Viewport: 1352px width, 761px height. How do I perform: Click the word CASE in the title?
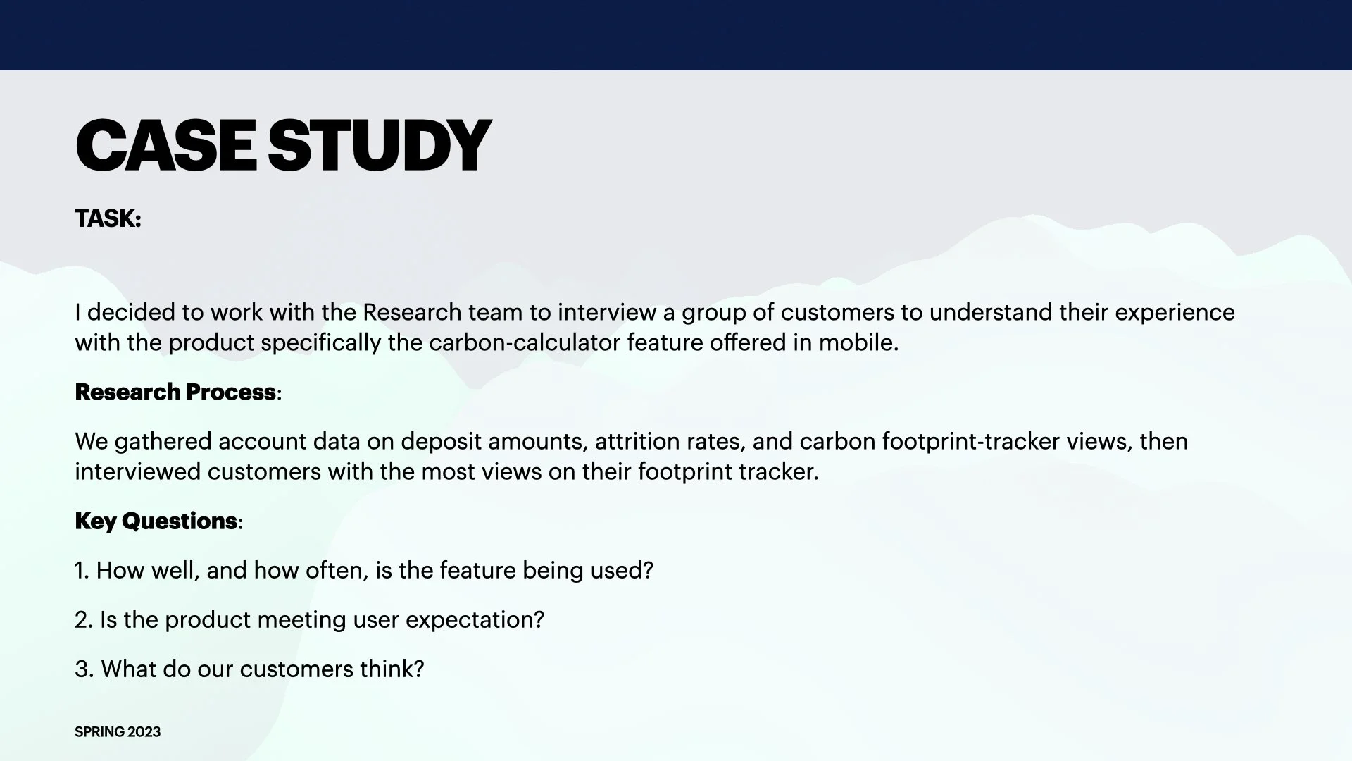coord(165,146)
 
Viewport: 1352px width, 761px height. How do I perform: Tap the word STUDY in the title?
coord(379,146)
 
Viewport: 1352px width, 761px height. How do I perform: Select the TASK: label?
coord(108,219)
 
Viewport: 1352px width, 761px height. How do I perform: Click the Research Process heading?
coord(175,392)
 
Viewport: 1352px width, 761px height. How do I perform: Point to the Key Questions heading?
coord(156,521)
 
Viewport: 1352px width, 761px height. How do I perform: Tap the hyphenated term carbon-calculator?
coord(525,343)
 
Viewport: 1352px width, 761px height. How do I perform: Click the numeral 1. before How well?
coord(82,571)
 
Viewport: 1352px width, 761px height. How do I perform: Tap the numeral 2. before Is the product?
coord(84,620)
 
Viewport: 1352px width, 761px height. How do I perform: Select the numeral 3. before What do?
coord(84,669)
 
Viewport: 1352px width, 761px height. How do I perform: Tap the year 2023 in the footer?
coord(144,732)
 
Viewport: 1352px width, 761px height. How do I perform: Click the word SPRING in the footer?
coord(100,732)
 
